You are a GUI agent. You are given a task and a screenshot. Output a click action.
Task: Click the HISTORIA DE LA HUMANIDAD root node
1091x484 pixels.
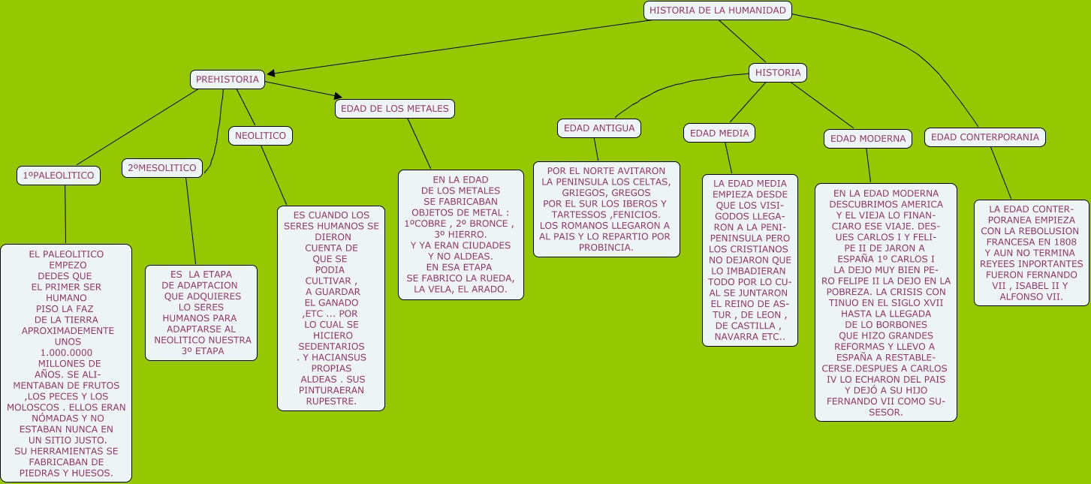click(x=717, y=11)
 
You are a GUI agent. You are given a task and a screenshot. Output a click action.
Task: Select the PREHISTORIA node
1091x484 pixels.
click(x=227, y=80)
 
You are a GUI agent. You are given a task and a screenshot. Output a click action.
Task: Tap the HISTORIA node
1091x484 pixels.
click(x=777, y=73)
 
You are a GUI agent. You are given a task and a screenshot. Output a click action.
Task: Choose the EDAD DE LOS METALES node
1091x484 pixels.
click(x=394, y=109)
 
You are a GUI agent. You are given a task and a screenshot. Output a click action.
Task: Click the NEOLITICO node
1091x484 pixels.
click(x=260, y=136)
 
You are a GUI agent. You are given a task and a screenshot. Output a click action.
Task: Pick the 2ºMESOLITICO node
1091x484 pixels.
click(x=161, y=168)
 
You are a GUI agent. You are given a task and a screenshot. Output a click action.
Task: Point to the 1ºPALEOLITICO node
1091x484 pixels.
click(x=59, y=176)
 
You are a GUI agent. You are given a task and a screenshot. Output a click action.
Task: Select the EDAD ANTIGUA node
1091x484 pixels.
click(x=598, y=128)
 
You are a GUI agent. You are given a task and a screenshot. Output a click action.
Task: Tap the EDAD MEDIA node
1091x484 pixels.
click(x=719, y=134)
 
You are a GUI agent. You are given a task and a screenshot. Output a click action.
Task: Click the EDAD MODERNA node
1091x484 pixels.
click(x=867, y=139)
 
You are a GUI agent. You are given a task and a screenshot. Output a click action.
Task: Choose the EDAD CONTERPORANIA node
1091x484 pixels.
click(x=984, y=137)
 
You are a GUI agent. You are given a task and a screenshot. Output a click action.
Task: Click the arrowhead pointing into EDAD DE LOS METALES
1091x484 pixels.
click(x=338, y=96)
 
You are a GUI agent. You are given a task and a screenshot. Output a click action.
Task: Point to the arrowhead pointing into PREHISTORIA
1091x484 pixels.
click(x=271, y=73)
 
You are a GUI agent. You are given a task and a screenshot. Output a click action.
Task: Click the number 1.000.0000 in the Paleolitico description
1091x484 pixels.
click(x=66, y=353)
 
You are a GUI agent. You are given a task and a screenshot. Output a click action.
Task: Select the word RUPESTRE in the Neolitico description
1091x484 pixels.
click(x=331, y=401)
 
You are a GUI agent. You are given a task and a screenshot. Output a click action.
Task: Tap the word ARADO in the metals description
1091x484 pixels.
click(x=491, y=289)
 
